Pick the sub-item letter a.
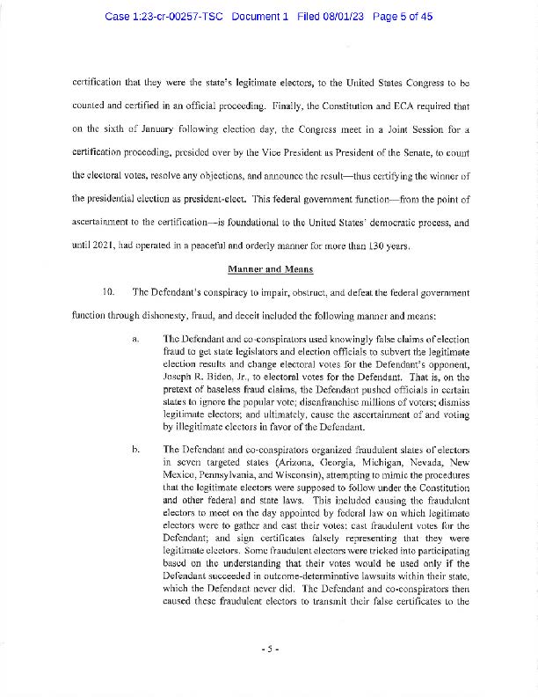point(135,340)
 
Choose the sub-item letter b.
point(135,449)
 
